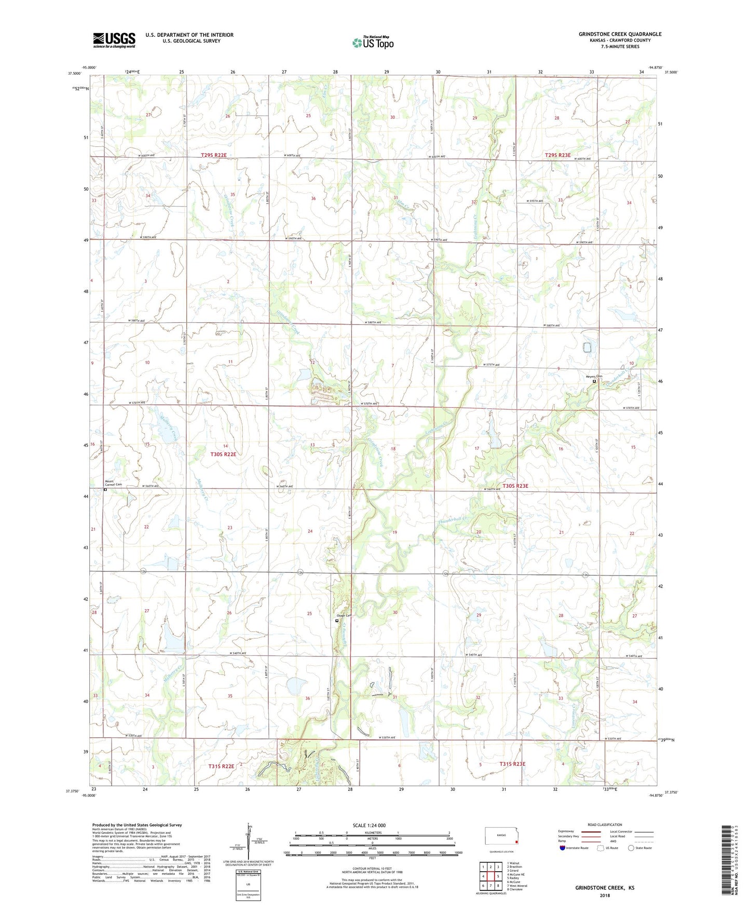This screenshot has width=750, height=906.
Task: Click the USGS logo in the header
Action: (x=114, y=40)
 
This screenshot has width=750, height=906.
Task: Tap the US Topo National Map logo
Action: (x=373, y=42)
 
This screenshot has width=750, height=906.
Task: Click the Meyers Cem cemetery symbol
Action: (x=594, y=381)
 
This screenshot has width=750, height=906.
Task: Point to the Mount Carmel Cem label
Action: (x=113, y=483)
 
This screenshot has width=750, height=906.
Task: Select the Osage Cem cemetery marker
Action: (x=337, y=620)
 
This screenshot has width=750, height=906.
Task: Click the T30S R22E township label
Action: (x=223, y=454)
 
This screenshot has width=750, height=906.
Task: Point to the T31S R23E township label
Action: (x=513, y=764)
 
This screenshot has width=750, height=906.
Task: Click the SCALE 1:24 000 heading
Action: (x=369, y=825)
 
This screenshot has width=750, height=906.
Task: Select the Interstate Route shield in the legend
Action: (x=563, y=848)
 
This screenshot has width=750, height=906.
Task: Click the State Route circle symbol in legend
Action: (x=631, y=848)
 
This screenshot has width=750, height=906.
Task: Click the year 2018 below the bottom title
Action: (x=605, y=895)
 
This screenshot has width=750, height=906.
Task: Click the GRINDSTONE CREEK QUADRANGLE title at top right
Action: (x=620, y=34)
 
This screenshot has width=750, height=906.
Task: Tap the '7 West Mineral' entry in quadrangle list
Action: (x=518, y=886)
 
